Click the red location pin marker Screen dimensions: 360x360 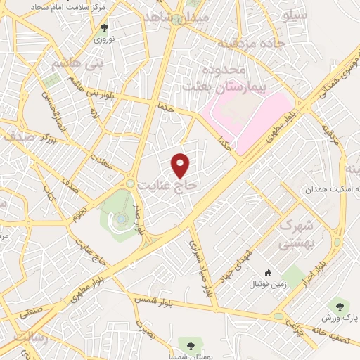[x=181, y=165]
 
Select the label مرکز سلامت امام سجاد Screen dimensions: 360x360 [x=60, y=6]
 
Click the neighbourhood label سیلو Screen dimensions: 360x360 [x=295, y=13]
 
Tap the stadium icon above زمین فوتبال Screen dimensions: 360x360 [x=267, y=273]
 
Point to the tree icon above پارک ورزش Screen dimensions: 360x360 [x=341, y=306]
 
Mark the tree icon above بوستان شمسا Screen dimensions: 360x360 [x=188, y=343]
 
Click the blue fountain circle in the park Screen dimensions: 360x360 [x=121, y=219]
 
